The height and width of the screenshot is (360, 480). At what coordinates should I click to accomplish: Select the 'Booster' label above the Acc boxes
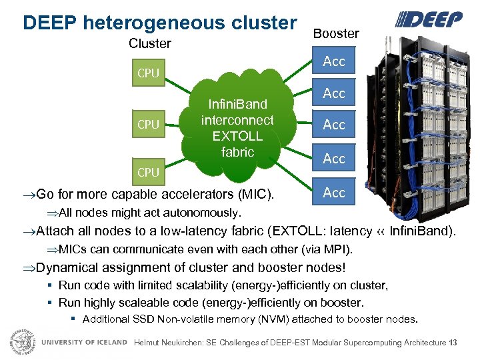(336, 33)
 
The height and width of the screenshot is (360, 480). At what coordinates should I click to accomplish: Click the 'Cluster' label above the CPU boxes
(149, 44)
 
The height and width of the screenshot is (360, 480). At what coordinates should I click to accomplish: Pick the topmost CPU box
(148, 73)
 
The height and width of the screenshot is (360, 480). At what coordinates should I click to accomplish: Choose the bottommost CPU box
(148, 172)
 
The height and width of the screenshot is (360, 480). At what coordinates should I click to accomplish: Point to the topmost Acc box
(334, 61)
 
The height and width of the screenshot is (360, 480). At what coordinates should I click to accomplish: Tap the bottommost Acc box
(334, 193)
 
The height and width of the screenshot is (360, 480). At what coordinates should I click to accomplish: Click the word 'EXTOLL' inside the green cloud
(237, 136)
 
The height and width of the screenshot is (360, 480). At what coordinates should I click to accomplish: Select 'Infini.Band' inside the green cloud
(237, 104)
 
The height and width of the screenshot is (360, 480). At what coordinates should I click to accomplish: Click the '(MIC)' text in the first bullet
(256, 195)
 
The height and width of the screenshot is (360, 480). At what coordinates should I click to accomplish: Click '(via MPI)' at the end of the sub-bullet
(326, 250)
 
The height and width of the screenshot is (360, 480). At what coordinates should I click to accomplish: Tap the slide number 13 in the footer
(453, 343)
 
